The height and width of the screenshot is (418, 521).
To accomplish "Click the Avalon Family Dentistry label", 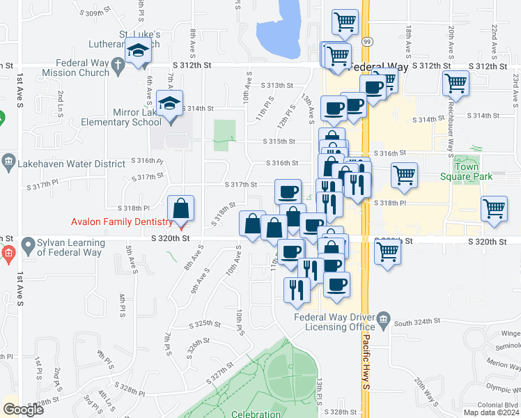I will [122, 222].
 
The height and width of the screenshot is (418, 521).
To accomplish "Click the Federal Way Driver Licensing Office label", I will [334, 322].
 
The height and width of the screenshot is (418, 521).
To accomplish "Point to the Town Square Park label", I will [473, 171].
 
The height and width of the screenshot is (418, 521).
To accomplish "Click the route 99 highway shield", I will [366, 42].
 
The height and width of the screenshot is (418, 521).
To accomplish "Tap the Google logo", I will [23, 410].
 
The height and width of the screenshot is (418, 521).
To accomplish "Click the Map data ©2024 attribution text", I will [490, 412].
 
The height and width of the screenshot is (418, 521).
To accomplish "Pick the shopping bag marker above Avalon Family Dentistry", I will [180, 208].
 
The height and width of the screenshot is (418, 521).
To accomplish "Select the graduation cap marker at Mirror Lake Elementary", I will [169, 104].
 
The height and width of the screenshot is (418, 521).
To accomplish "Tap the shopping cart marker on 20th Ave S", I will [455, 84].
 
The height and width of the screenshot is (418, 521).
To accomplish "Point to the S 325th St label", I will [205, 324].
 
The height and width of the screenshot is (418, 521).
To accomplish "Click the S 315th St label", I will [279, 141].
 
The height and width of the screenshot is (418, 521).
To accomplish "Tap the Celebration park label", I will [256, 414].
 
